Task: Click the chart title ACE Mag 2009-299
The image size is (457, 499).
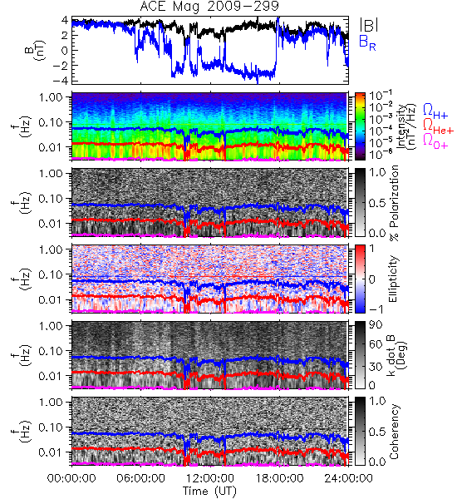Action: click(209, 6)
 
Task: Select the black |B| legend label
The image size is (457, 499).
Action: click(369, 25)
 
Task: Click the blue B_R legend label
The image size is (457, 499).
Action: click(367, 43)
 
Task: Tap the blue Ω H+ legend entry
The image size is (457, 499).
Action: click(435, 111)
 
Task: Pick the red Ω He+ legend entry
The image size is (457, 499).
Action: click(438, 126)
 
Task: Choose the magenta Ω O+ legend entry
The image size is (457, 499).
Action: click(435, 141)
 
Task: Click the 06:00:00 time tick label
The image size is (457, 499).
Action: click(141, 478)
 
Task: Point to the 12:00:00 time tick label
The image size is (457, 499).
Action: click(210, 478)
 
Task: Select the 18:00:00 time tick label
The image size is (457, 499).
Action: click(279, 478)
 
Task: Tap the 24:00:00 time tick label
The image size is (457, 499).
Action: click(348, 478)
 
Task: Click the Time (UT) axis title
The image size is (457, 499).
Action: click(209, 492)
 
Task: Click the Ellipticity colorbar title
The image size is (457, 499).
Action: click(393, 279)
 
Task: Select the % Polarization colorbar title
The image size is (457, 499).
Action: click(394, 203)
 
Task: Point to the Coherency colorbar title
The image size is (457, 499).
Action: click(394, 432)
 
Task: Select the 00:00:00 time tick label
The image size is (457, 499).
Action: click(71, 478)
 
